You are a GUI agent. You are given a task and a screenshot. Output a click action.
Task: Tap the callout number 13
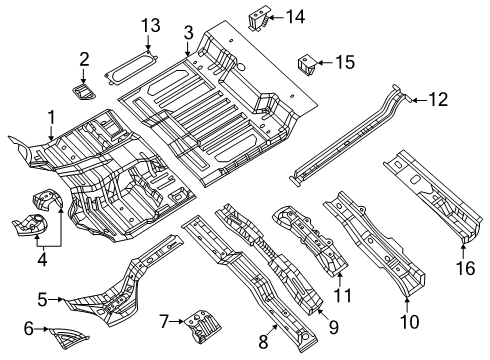(x=149, y=24)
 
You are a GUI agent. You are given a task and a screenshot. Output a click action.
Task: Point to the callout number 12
(x=439, y=98)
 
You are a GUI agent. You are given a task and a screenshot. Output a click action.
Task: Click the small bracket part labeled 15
(x=308, y=65)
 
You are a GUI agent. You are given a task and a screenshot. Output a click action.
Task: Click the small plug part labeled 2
(x=85, y=90)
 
